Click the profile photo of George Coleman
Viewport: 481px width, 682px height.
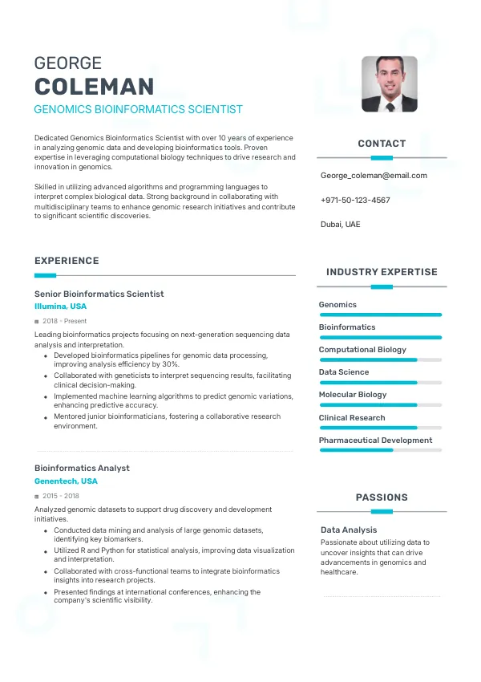click(389, 83)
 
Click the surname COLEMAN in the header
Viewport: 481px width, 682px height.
click(95, 87)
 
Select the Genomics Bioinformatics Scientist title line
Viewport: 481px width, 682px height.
click(138, 109)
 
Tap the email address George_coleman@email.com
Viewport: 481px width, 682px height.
click(374, 176)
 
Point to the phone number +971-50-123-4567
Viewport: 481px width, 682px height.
click(355, 200)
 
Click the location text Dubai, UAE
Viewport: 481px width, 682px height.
click(340, 225)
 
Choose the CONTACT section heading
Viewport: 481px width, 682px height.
click(382, 144)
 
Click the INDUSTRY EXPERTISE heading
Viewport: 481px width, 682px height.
click(382, 272)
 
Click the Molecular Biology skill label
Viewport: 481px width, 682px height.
click(353, 395)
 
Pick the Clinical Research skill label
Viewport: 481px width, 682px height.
click(352, 418)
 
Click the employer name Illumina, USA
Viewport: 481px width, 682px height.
click(60, 306)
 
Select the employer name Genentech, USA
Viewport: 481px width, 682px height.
click(66, 481)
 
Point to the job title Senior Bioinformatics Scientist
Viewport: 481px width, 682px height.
click(99, 294)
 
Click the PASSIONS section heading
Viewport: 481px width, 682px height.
click(382, 497)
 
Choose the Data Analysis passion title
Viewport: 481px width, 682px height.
click(349, 530)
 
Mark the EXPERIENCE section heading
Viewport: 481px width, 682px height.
click(67, 261)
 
